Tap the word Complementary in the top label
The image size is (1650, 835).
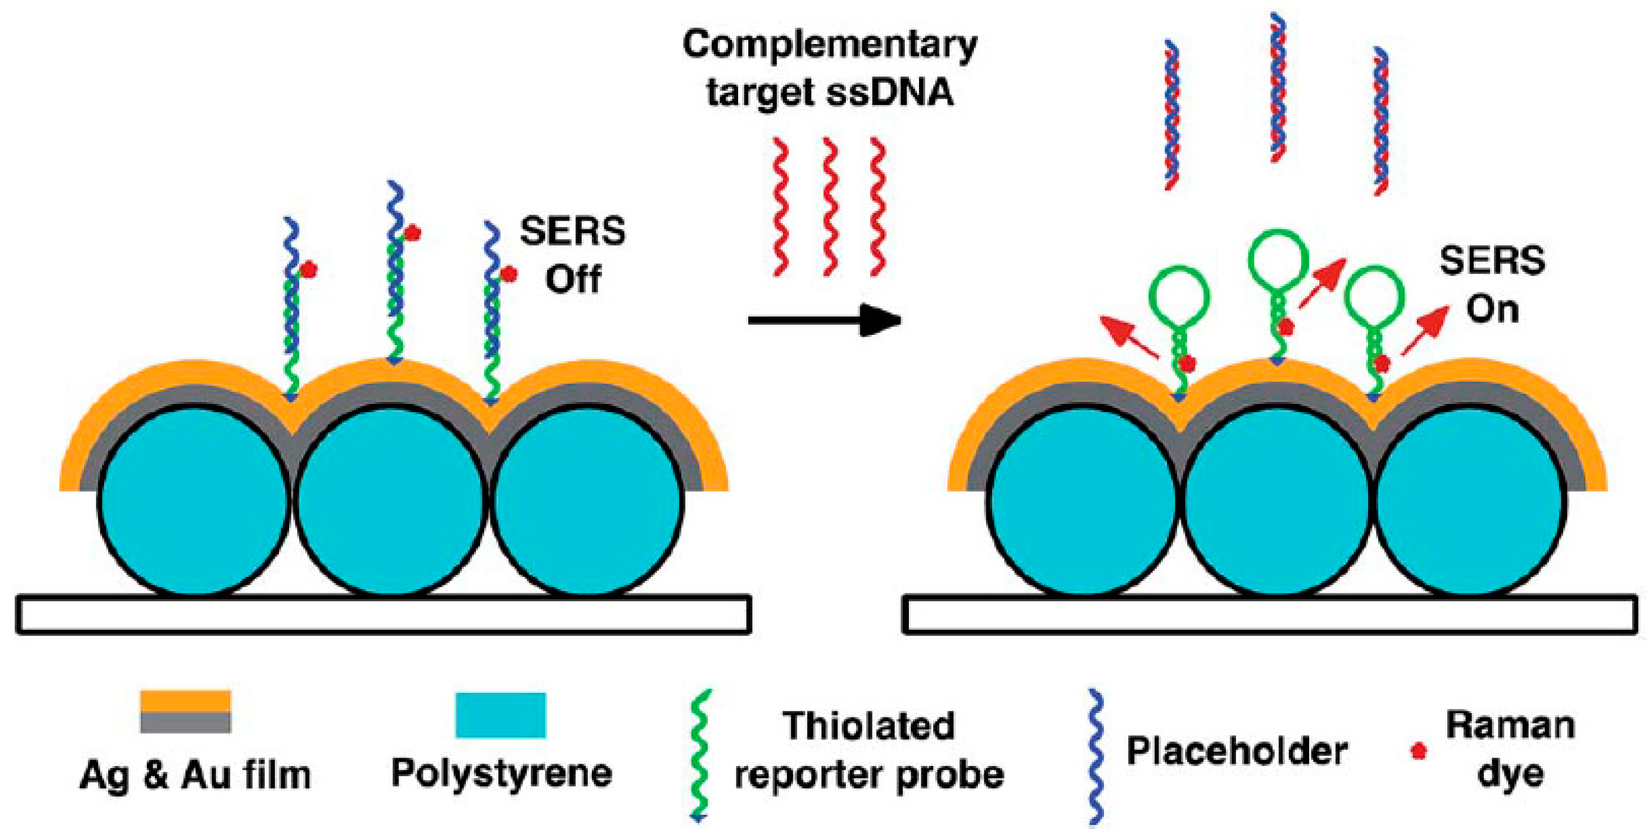[830, 45]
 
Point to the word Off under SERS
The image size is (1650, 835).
[573, 280]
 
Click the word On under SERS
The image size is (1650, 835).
[1492, 309]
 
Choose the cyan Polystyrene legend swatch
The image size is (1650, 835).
[500, 715]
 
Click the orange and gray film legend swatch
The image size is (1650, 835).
[186, 711]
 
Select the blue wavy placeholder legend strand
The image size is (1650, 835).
[1096, 755]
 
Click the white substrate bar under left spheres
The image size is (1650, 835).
[383, 614]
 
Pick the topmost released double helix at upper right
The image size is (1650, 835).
[1278, 86]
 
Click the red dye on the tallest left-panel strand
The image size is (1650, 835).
[413, 233]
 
